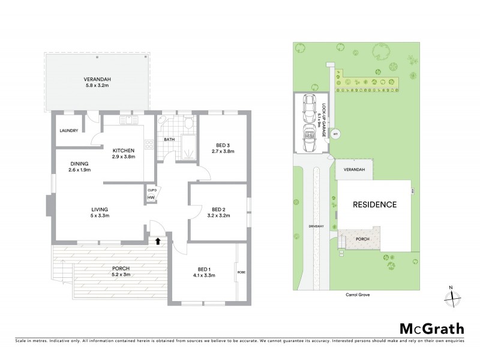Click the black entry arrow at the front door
tap(158, 241)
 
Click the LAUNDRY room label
tap(69, 131)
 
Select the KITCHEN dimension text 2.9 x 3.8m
tap(124, 157)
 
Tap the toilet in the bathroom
tap(188, 124)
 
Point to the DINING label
tap(79, 163)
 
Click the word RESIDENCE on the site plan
tap(374, 205)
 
